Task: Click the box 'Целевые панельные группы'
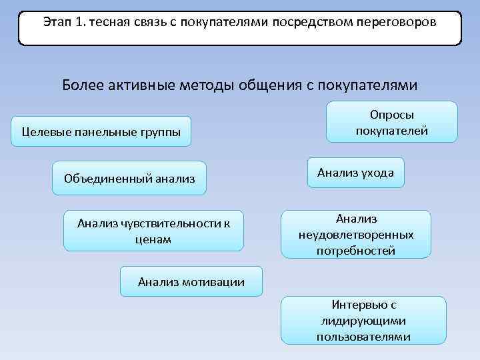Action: [101, 131]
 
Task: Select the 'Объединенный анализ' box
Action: [129, 178]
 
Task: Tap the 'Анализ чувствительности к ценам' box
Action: [153, 231]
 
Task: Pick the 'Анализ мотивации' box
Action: [191, 282]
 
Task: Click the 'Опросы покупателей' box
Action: [391, 122]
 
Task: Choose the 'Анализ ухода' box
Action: [355, 173]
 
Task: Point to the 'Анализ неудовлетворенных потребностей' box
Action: [356, 235]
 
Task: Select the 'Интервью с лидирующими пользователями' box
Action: [363, 321]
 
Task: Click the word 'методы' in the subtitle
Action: [199, 86]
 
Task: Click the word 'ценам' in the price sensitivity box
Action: [153, 239]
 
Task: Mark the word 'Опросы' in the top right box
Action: [392, 115]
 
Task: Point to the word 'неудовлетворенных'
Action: [357, 235]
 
